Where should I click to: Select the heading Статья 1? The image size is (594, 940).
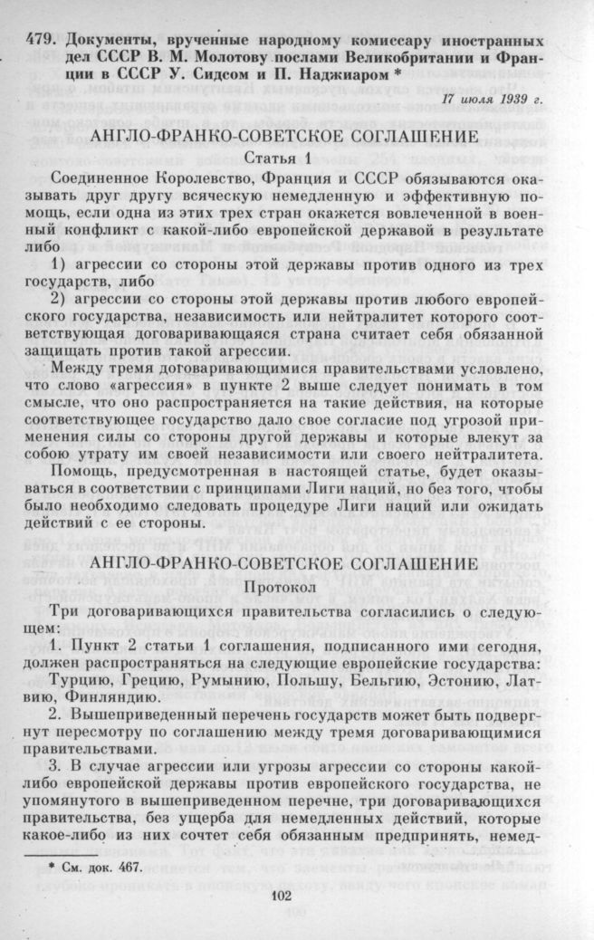(297, 159)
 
